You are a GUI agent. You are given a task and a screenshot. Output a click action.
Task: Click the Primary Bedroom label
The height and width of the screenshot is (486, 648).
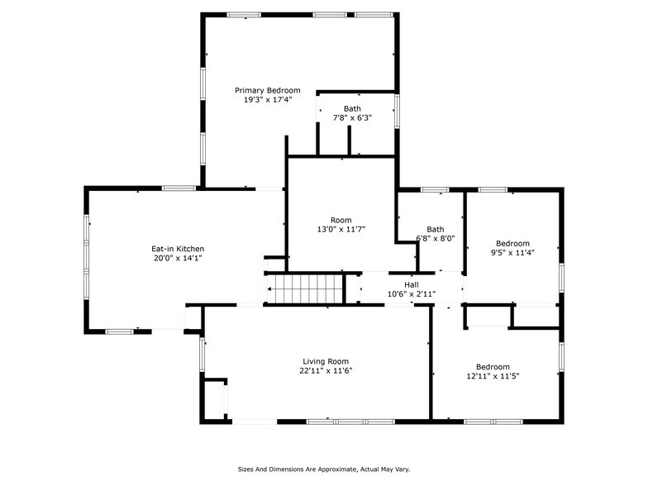point(267,90)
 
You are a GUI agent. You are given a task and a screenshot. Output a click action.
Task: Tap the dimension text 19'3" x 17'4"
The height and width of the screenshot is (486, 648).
point(267,99)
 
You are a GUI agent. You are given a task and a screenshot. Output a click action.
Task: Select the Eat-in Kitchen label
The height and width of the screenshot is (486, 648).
point(177,249)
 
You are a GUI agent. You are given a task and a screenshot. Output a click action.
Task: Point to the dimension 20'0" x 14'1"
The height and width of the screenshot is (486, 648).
point(177,258)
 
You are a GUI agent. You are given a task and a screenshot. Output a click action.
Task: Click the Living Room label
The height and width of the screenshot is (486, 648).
point(325,361)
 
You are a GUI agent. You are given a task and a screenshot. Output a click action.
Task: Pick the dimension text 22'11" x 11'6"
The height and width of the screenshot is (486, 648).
point(325,371)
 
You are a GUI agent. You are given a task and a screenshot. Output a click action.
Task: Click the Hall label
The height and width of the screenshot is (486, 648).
point(411,284)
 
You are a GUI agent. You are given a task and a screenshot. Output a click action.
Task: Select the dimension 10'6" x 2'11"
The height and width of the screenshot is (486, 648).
point(411,293)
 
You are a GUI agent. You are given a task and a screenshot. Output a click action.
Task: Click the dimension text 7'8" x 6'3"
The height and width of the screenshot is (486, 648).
point(352,117)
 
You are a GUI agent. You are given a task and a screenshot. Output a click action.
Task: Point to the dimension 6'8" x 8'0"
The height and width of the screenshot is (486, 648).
point(435,239)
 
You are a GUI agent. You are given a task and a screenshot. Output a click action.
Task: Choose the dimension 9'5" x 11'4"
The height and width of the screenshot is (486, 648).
point(512,252)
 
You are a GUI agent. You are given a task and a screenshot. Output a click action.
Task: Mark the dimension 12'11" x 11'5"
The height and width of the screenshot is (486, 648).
point(492,376)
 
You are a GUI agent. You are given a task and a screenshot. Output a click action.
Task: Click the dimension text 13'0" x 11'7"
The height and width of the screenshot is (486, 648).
point(341,229)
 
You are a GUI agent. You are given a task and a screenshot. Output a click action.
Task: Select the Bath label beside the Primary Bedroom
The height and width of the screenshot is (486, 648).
point(352,108)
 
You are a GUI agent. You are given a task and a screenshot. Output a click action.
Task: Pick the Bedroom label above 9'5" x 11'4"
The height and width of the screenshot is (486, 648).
point(512,243)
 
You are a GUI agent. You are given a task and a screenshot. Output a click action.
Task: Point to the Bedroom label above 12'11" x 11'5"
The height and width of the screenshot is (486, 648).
point(492,367)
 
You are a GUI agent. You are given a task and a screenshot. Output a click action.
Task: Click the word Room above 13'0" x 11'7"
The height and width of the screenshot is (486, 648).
point(341,220)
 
